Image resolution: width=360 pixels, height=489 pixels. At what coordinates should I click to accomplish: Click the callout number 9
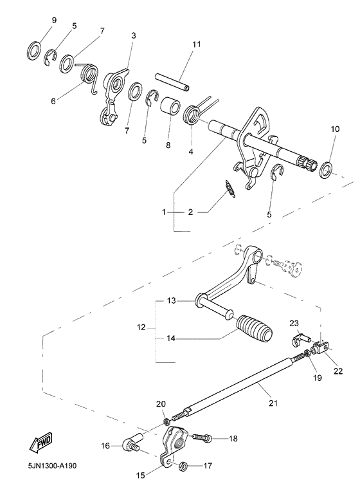click(x=54, y=20)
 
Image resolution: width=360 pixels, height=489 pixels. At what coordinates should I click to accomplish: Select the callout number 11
click(x=197, y=44)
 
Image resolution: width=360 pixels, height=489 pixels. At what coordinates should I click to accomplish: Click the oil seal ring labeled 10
click(x=327, y=170)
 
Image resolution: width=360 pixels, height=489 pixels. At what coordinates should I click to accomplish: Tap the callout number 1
click(x=164, y=211)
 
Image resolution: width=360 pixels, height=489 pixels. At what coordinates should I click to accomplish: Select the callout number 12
click(x=139, y=328)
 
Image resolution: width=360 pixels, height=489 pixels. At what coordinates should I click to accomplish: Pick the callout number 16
click(x=105, y=444)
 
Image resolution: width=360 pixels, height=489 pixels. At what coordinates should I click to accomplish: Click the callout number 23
click(x=294, y=323)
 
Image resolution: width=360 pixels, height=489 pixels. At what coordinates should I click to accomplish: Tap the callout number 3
click(x=133, y=35)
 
